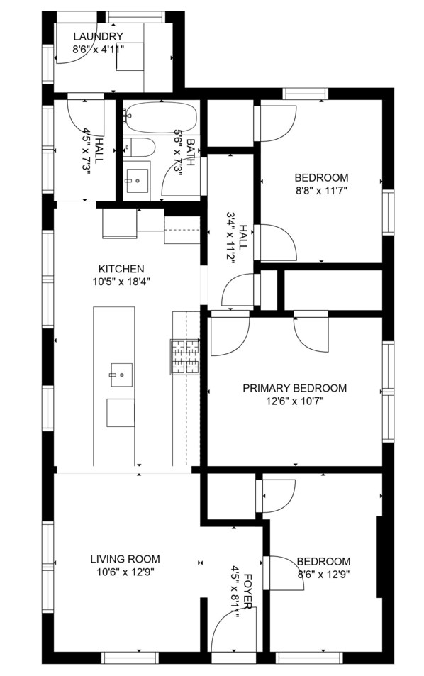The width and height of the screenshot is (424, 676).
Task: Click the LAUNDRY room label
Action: [98, 36]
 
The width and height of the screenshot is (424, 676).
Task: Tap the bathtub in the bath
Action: [160, 117]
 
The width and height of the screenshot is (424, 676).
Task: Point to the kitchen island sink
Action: [121, 375]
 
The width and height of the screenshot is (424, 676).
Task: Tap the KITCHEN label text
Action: [121, 269]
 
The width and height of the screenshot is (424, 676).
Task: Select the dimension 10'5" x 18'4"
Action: [121, 282]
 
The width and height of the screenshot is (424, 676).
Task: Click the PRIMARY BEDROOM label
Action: [295, 388]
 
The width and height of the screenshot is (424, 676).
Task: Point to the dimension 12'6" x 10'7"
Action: [295, 401]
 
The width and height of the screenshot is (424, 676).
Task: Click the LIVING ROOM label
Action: [125, 559]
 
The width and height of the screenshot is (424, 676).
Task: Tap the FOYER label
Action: [247, 591]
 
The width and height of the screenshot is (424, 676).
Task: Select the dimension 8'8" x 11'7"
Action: [321, 191]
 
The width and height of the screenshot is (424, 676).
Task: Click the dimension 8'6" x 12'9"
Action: [323, 575]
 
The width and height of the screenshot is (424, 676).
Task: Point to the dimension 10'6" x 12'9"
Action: [125, 572]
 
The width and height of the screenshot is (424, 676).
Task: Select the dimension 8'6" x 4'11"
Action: [99, 49]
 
